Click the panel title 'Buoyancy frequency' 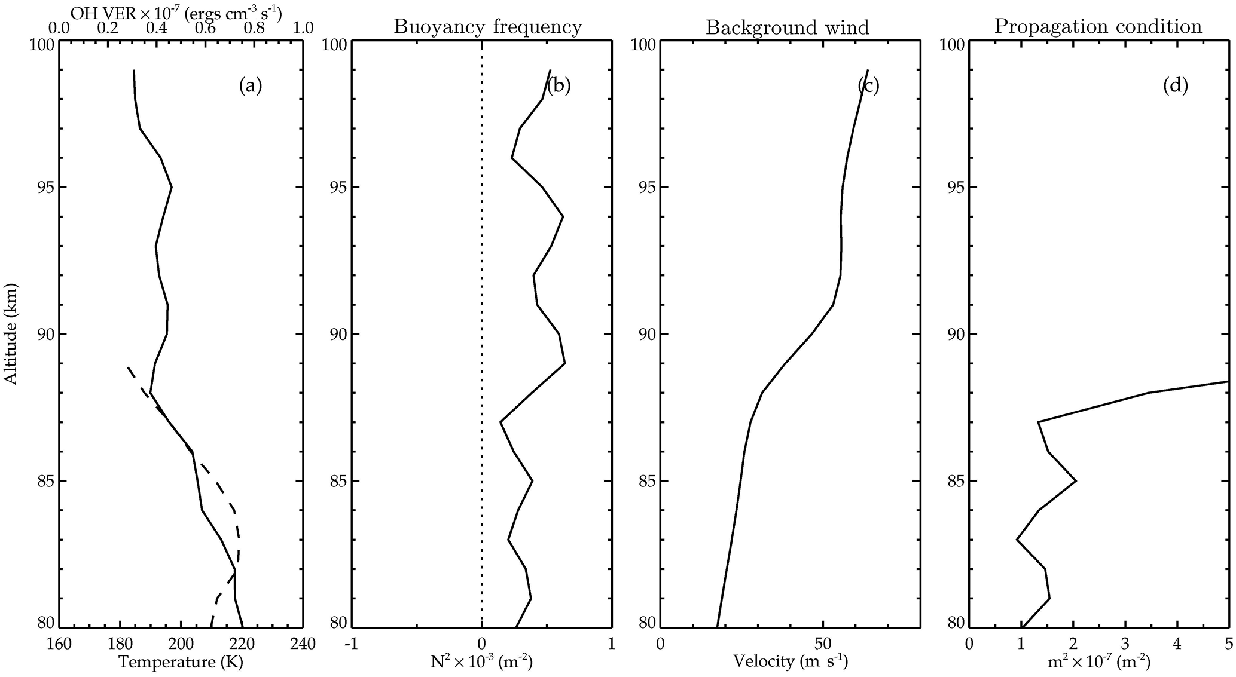487,27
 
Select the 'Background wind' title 788,27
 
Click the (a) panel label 251,86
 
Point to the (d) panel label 1175,86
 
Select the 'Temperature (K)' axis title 181,662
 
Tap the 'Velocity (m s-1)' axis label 791,662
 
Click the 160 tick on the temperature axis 59,644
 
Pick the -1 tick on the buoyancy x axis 352,644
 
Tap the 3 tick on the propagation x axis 1125,644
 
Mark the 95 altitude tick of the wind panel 645,188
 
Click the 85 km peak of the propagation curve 1076,481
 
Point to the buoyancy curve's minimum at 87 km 500,422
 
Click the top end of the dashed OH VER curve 128,367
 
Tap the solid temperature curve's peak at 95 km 172,188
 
